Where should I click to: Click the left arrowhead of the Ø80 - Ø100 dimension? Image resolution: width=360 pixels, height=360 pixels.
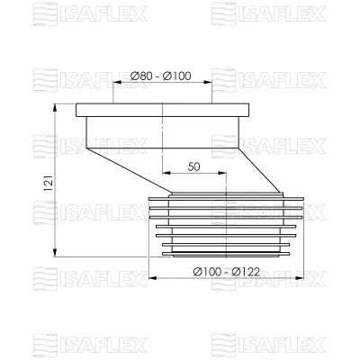114,83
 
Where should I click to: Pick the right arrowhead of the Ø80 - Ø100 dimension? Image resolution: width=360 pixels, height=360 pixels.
212,83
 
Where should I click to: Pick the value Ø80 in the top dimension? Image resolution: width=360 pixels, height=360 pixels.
140,75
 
